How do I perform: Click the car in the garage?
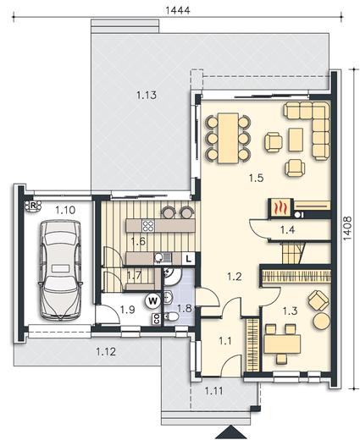[x=61, y=271]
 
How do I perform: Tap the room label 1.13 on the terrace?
[x=147, y=95]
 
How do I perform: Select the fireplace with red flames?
[x=279, y=208]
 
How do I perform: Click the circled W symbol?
[x=152, y=300]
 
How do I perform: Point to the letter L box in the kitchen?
[x=189, y=258]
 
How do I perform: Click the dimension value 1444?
[x=178, y=10]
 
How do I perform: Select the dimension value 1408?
[x=347, y=228]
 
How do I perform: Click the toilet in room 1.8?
[x=171, y=316]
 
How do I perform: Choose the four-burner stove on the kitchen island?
[x=148, y=226]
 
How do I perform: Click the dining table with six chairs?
[x=228, y=138]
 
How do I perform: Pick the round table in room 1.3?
[x=321, y=321]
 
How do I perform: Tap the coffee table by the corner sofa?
[x=296, y=140]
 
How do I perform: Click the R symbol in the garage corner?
[x=33, y=206]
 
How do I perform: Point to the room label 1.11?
[x=213, y=391]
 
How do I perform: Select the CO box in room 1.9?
[x=156, y=319]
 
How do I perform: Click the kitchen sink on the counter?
[x=163, y=257]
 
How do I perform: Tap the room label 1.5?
[x=256, y=178]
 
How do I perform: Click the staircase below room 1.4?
[x=293, y=254]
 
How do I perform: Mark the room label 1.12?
[x=106, y=352]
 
